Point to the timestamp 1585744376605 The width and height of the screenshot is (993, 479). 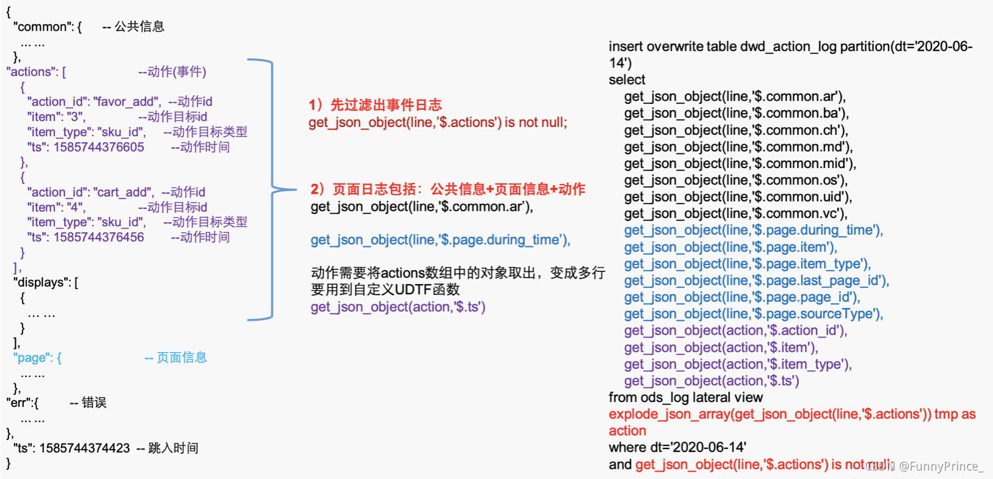coord(98,147)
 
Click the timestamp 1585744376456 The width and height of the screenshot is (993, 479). coord(98,237)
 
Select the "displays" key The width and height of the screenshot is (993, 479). coord(42,282)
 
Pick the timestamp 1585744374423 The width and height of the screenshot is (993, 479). coord(84,448)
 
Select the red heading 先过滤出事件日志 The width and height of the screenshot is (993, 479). coord(386,105)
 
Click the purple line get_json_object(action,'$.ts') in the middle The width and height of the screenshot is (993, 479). coord(398,307)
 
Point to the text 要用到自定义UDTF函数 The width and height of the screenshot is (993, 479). coord(385,290)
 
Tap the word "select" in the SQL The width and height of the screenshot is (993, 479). coord(627,80)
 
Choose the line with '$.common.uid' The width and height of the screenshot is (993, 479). coord(738,197)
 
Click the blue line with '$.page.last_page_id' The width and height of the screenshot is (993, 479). coord(757,281)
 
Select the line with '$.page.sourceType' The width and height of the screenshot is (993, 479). coord(754,314)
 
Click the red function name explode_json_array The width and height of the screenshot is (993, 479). coord(669,414)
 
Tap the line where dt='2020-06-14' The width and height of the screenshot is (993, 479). coord(677,447)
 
